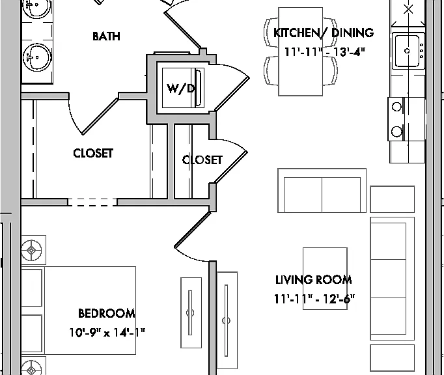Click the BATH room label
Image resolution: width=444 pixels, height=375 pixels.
[107, 36]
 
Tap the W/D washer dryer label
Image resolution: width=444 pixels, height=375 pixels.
[181, 89]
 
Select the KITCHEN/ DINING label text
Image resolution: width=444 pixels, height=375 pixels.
[324, 33]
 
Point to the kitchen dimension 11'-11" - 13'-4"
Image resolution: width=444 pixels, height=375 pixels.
[324, 52]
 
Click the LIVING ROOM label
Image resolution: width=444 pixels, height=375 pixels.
[314, 280]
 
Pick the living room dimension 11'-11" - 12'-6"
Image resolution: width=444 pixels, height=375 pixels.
[314, 299]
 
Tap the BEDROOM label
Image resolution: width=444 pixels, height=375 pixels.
[107, 313]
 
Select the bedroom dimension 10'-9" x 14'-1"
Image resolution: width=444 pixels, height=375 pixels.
[107, 333]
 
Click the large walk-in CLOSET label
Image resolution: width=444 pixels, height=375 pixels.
[93, 153]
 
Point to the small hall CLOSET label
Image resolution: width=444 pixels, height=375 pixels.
[202, 160]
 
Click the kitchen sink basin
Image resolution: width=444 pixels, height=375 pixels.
[407, 51]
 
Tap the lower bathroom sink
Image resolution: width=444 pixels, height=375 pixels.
[37, 57]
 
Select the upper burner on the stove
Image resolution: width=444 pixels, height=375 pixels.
[396, 107]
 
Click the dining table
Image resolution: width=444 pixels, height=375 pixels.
[300, 51]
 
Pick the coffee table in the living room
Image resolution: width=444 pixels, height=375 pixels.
[325, 279]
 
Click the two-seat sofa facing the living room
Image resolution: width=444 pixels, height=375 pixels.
[322, 190]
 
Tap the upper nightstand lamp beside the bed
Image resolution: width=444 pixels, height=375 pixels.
[31, 250]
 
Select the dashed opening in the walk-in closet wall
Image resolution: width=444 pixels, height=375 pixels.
[92, 202]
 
